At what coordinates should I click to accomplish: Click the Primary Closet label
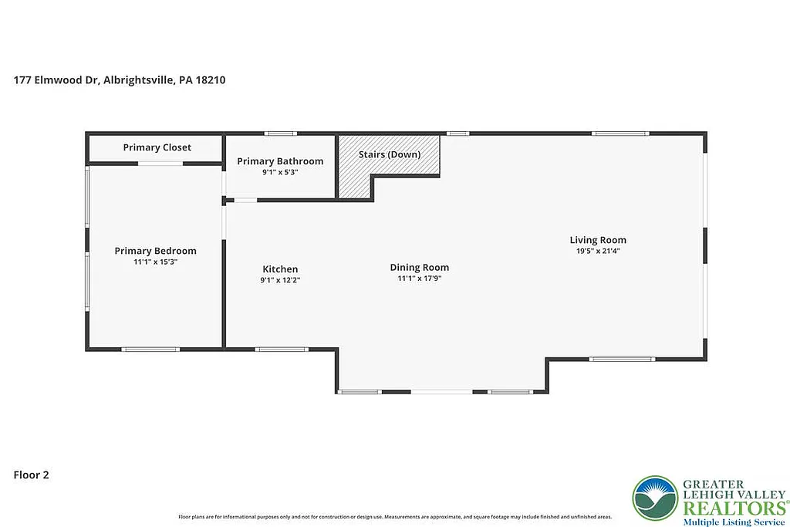click(x=157, y=147)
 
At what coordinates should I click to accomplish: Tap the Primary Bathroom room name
click(x=280, y=161)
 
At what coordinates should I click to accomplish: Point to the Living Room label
click(x=598, y=240)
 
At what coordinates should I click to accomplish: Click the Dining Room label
click(x=419, y=268)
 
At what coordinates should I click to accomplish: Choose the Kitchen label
click(x=280, y=269)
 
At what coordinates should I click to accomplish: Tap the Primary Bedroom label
click(x=155, y=251)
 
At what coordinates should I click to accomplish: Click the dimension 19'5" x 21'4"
click(x=598, y=251)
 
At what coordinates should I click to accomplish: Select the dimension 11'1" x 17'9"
click(x=419, y=279)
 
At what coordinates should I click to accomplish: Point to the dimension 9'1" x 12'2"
click(x=280, y=280)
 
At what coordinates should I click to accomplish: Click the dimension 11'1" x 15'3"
click(x=155, y=262)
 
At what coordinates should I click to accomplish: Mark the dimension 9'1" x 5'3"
click(x=280, y=172)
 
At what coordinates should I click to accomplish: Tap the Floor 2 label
click(x=32, y=475)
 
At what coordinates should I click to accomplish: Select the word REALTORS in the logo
click(x=733, y=508)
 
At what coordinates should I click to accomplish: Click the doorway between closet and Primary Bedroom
click(x=160, y=163)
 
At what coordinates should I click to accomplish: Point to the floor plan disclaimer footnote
click(x=395, y=516)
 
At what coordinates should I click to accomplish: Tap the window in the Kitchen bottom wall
click(x=282, y=350)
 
